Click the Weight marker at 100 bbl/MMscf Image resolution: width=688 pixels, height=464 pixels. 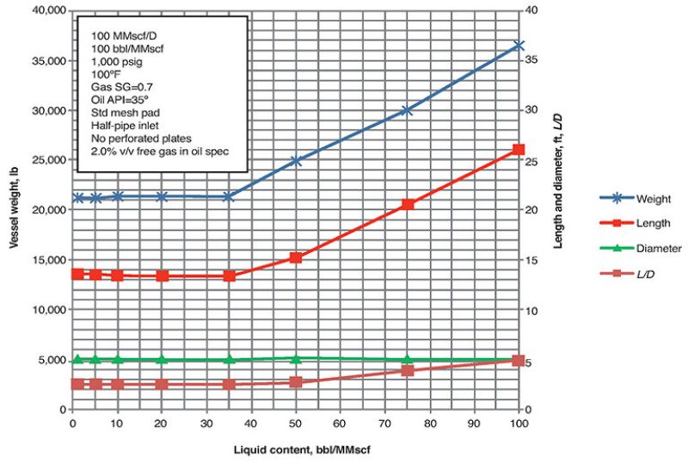(x=519, y=45)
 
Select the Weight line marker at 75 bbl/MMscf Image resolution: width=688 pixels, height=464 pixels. (x=408, y=110)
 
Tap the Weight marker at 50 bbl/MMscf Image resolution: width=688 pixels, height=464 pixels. (x=296, y=160)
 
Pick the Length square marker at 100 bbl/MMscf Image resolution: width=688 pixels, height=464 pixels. (x=519, y=150)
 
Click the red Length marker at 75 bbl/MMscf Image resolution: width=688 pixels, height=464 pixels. (x=408, y=204)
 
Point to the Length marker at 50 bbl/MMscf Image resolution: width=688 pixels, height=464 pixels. (x=296, y=257)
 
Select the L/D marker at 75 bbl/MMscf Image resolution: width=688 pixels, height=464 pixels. (x=408, y=370)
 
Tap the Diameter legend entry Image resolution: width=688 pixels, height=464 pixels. (x=641, y=248)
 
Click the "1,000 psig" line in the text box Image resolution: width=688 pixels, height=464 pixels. (x=115, y=62)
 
